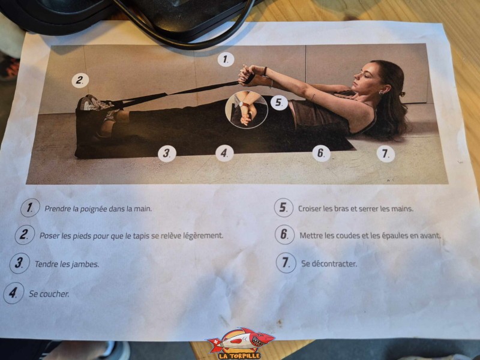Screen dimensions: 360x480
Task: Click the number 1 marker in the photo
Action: (x=226, y=59)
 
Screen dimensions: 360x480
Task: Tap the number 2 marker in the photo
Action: (x=80, y=80)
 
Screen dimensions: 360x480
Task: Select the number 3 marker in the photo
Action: (x=167, y=153)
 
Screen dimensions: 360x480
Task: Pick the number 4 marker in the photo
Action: (x=224, y=153)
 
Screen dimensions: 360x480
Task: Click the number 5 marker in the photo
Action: (x=278, y=103)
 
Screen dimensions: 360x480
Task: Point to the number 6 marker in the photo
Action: (x=322, y=153)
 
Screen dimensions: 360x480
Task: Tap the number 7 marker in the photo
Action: (x=386, y=153)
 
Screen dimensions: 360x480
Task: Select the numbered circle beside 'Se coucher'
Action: (x=13, y=294)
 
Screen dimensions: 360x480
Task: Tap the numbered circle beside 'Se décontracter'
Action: (x=286, y=263)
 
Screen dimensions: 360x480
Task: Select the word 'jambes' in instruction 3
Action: (x=87, y=264)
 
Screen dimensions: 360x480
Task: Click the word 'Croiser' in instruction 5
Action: (x=311, y=209)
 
